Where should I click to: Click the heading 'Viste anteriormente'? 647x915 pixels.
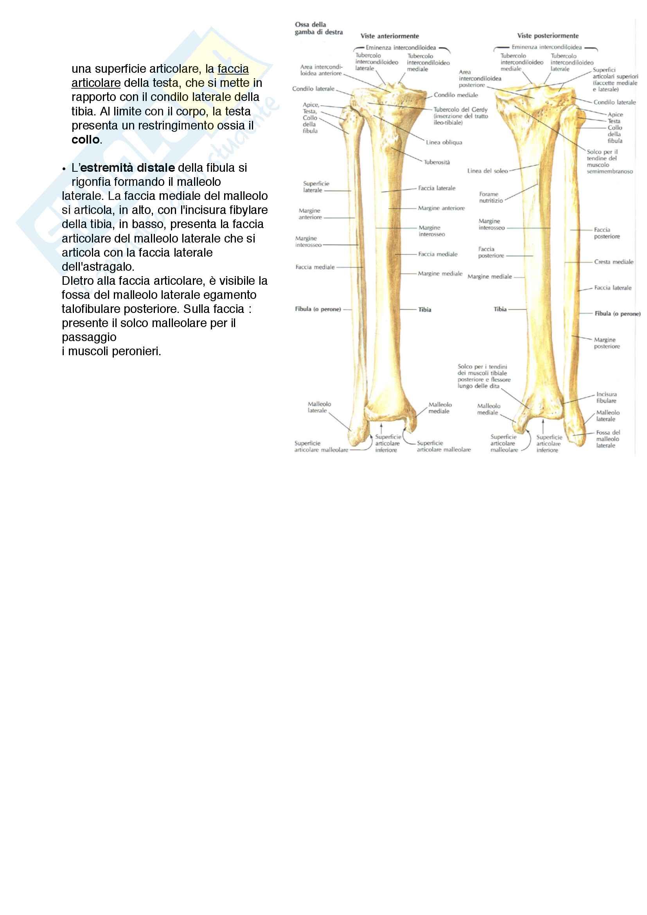click(x=390, y=36)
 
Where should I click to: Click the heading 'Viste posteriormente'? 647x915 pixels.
click(x=548, y=36)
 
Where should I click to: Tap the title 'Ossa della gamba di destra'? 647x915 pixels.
click(x=318, y=28)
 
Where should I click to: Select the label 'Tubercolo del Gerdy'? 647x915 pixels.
click(x=460, y=110)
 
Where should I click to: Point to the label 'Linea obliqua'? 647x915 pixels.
click(x=444, y=142)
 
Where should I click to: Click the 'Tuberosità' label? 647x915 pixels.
click(x=437, y=162)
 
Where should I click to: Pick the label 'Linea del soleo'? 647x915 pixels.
click(x=487, y=171)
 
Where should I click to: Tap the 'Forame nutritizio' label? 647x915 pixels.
click(x=491, y=197)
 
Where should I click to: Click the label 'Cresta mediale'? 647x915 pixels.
click(x=613, y=262)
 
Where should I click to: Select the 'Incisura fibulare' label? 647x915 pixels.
click(x=606, y=397)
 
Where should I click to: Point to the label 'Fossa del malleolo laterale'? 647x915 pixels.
click(x=607, y=439)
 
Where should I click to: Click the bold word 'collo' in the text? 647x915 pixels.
click(x=85, y=140)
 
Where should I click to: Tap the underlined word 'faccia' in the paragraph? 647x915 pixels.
click(x=233, y=69)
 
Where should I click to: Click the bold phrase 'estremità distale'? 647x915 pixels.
click(x=128, y=168)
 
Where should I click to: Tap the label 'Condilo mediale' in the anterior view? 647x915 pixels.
click(x=455, y=95)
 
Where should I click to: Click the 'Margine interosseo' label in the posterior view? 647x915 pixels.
click(x=491, y=225)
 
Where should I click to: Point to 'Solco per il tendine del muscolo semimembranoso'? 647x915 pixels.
click(x=609, y=162)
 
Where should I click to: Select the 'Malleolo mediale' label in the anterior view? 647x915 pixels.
click(x=439, y=408)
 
